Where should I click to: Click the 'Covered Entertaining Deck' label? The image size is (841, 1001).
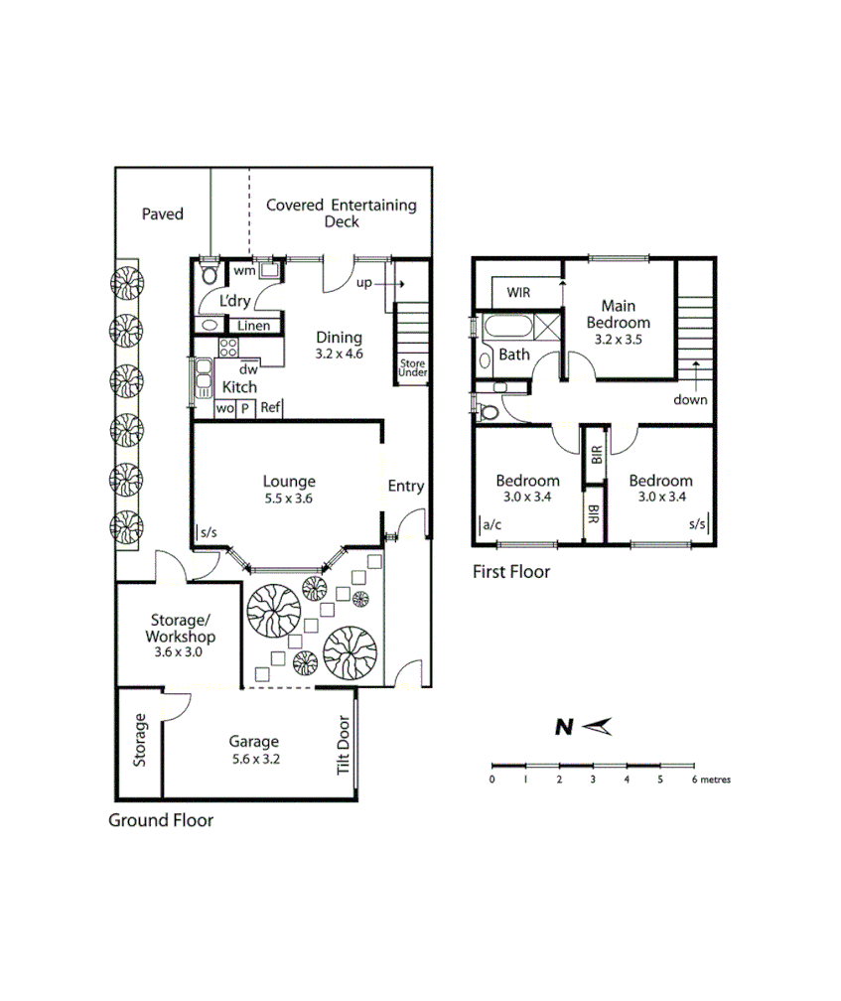(341, 214)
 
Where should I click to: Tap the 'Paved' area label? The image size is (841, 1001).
(162, 214)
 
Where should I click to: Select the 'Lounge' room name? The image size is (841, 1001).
(289, 482)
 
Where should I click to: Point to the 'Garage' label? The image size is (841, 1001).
(254, 741)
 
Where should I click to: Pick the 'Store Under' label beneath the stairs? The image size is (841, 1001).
(412, 368)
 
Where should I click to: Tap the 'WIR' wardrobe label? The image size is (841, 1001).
(518, 293)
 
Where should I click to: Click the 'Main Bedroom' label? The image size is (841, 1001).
(618, 314)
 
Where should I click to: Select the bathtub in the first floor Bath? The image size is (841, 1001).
(507, 326)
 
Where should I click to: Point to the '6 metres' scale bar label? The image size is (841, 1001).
(711, 780)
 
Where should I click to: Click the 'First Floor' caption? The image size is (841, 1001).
(511, 572)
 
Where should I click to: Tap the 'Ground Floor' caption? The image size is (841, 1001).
(161, 820)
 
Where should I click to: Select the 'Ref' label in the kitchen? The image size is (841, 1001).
(271, 408)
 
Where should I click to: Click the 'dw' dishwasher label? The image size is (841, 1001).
(248, 369)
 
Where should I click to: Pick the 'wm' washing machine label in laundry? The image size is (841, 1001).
(243, 269)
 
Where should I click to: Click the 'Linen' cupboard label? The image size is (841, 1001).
(253, 326)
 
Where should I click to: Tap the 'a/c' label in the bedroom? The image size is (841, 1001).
(492, 523)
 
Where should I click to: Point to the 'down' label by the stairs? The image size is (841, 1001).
(690, 400)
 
